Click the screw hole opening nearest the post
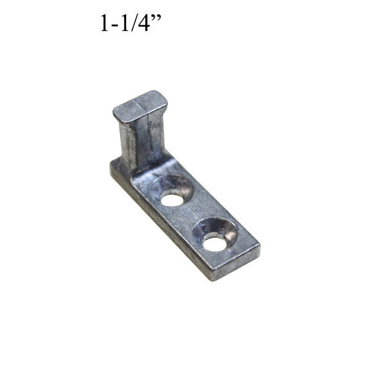(173, 200)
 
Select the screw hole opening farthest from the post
(215, 243)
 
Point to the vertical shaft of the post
(143, 139)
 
